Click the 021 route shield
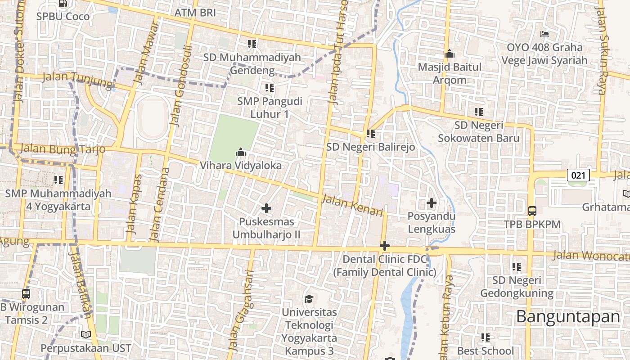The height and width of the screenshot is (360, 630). coord(578,175)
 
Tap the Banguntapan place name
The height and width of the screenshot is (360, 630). coord(568,316)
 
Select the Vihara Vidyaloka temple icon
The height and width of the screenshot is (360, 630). coord(241,153)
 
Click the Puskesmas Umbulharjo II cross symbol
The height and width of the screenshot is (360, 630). coord(266,208)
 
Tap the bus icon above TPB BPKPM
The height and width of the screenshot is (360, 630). coord(532,211)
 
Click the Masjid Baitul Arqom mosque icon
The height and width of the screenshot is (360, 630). coord(449,54)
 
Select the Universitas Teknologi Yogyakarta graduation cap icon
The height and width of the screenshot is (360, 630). coord(309,299)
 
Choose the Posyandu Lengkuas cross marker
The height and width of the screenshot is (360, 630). coord(432,203)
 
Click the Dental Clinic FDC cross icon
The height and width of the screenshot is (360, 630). coord(384,246)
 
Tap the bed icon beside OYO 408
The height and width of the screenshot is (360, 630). coord(544,34)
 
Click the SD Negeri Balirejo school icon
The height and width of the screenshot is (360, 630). coord(371,134)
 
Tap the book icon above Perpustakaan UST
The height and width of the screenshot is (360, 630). coord(85,335)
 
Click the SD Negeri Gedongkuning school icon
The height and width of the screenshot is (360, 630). coord(517,267)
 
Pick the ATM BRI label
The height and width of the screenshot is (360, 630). coord(195,13)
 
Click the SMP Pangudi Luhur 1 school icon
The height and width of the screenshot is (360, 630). coord(270,88)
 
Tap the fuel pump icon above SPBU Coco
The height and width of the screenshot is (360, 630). coord(63,4)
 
